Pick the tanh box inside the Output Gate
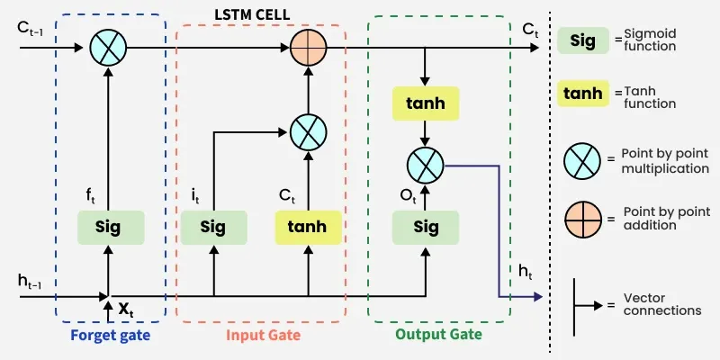click(426, 104)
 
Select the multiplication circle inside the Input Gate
click(308, 133)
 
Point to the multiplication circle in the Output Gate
click(426, 166)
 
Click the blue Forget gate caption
click(110, 336)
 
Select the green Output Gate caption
click(438, 334)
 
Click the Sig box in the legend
click(582, 40)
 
